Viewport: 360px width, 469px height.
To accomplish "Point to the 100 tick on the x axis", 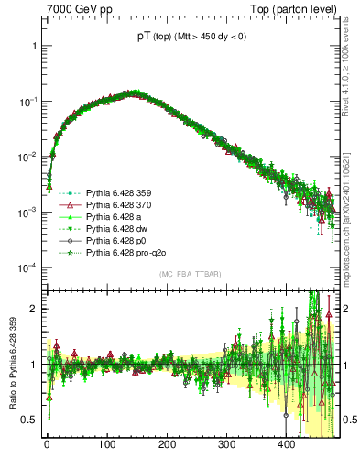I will coord(107,444).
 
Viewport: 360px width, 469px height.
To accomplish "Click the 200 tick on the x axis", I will coord(167,444).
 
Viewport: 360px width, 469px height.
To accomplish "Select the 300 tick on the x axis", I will coord(226,444).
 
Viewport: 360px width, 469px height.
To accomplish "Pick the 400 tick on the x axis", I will coord(286,444).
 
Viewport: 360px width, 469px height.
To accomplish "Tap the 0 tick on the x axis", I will coord(47,444).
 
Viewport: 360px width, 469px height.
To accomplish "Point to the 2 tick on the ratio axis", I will coord(35,308).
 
